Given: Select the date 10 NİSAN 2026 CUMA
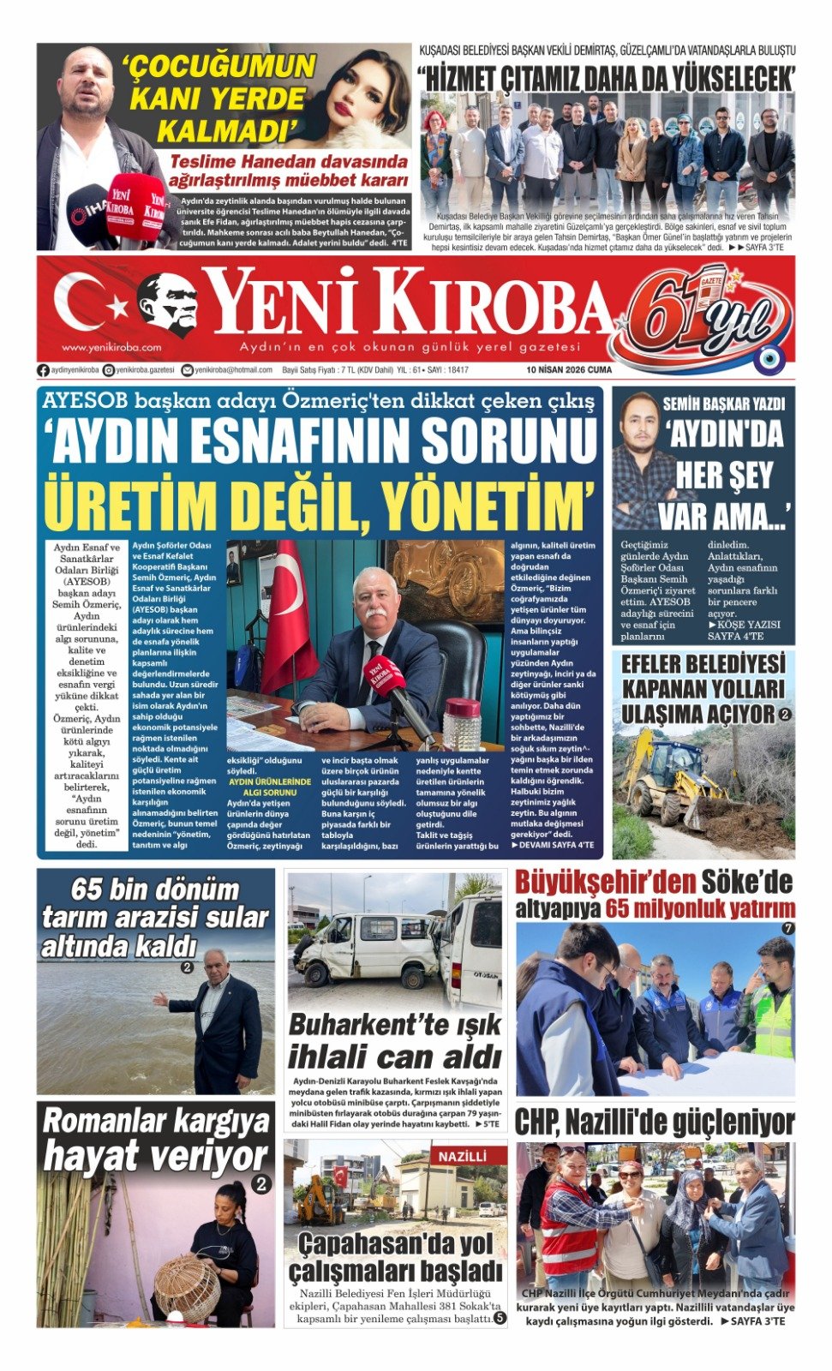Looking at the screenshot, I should point(569,370).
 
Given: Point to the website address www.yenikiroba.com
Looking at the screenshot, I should point(111,348).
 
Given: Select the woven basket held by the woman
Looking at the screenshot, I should point(186,1285).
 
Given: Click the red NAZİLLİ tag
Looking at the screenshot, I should point(463,1157).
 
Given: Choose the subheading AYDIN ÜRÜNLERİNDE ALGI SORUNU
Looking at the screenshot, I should point(269,787).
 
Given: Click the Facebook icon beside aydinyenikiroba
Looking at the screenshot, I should point(43,370).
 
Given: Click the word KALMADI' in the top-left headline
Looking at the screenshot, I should point(221,131).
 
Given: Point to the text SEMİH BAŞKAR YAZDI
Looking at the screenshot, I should point(723,404).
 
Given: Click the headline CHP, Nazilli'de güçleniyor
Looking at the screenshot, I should point(655,1122).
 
